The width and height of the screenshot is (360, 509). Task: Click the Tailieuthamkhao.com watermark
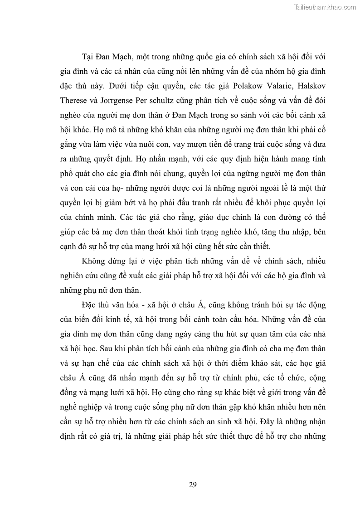(x=325, y=7)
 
